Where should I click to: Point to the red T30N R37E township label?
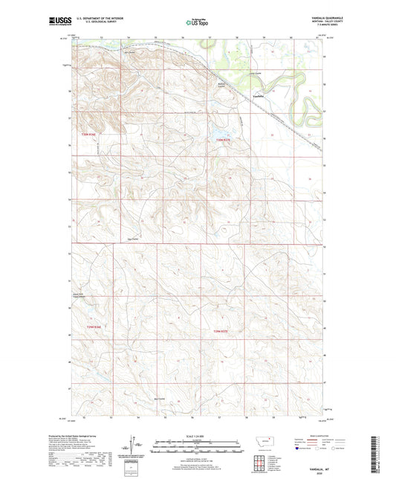(224, 140)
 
